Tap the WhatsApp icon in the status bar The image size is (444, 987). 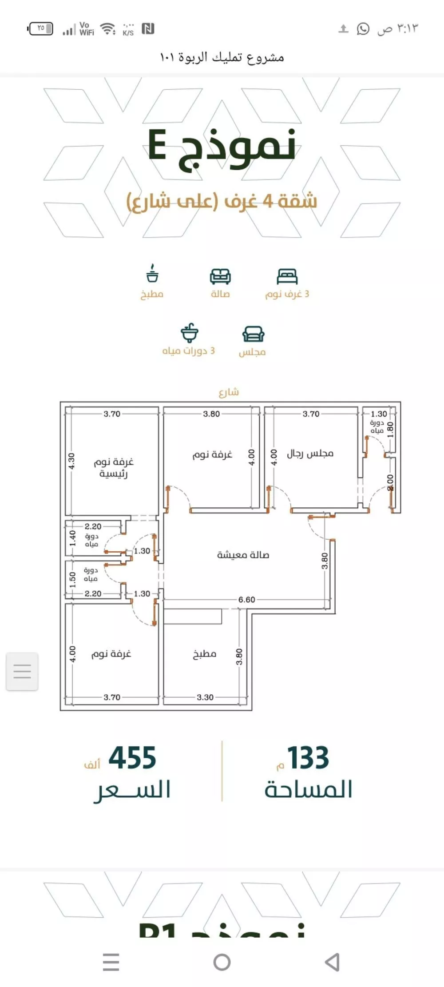363,29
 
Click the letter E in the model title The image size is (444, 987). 158,145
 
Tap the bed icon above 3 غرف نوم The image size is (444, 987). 287,276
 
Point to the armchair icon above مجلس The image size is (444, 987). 253,334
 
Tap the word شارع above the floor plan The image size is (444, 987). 229,392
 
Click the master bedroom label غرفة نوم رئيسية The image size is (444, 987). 114,468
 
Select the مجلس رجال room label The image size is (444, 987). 310,454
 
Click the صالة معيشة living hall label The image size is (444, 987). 243,555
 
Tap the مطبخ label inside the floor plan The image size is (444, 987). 204,654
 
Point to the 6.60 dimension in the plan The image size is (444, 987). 246,600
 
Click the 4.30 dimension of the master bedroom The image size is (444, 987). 71,461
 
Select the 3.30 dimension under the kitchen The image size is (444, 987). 205,697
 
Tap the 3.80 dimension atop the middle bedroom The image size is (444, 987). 211,414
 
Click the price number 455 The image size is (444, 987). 132,758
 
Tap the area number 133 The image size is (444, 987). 308,758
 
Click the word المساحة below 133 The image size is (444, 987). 309,789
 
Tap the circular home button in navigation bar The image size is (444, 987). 222,962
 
